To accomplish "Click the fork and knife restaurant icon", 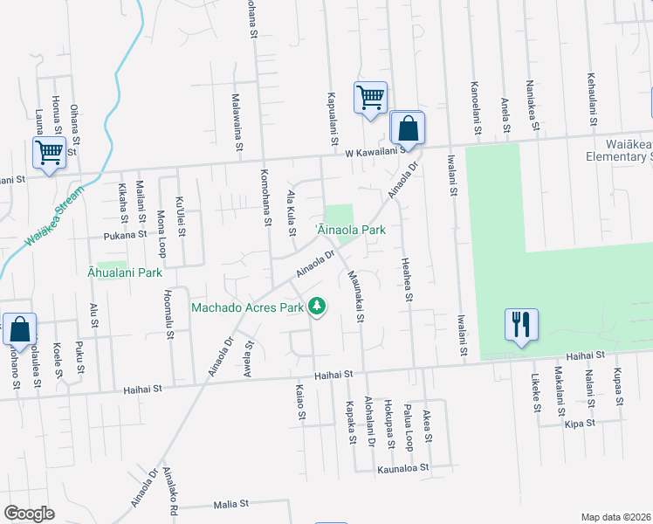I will (521, 325).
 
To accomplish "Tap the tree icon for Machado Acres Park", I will (319, 307).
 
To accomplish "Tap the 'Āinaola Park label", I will (350, 230).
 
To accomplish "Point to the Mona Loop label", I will (162, 232).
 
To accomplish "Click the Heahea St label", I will (406, 278).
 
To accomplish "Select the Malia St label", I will (231, 504).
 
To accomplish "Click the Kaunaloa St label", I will (403, 468).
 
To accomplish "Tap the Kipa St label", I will (579, 423).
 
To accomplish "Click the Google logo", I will (29, 514).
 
